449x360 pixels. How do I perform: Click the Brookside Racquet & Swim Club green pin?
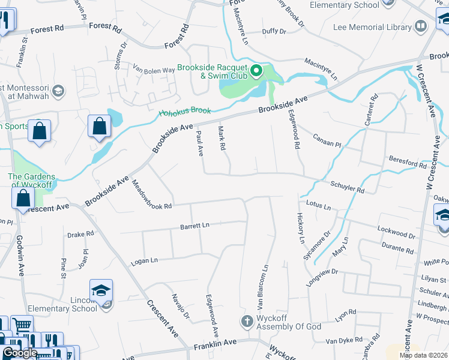(x=256, y=71)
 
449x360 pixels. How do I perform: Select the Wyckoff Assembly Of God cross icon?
(x=246, y=320)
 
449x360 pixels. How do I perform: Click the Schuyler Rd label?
(x=347, y=186)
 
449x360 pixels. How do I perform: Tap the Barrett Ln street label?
(x=194, y=226)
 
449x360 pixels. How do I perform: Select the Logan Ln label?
(x=144, y=261)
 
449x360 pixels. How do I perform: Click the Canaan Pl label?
(x=327, y=140)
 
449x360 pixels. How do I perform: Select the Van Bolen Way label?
(x=154, y=70)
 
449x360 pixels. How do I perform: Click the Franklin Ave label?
(x=215, y=347)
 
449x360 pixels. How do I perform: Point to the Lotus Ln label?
(x=318, y=206)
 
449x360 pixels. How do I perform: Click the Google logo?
(x=20, y=353)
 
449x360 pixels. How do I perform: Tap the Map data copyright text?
(x=423, y=355)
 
